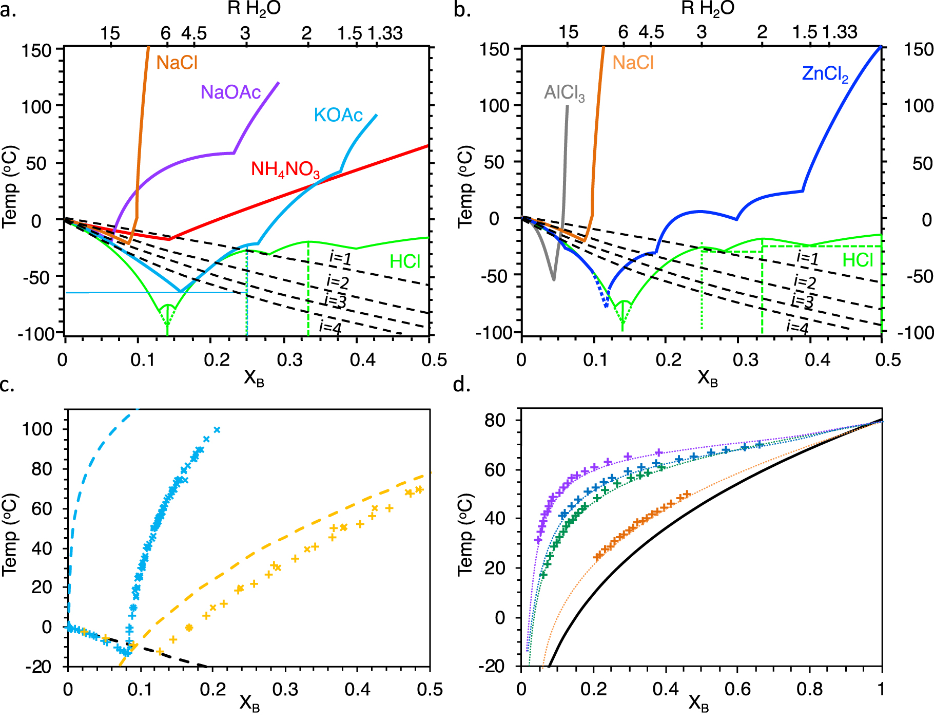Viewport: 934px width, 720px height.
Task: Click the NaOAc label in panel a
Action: pyautogui.click(x=230, y=92)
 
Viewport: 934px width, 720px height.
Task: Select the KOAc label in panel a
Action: pyautogui.click(x=338, y=116)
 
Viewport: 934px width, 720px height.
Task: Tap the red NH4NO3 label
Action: pyautogui.click(x=285, y=169)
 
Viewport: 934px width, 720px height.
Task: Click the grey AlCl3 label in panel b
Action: pyautogui.click(x=564, y=93)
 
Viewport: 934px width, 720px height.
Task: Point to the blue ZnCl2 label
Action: pyautogui.click(x=825, y=74)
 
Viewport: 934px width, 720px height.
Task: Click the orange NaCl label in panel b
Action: pyautogui.click(x=633, y=63)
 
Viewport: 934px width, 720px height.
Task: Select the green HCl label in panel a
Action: pyautogui.click(x=404, y=262)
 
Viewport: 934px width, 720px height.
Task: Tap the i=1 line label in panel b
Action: pyautogui.click(x=807, y=258)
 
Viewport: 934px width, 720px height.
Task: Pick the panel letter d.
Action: pyautogui.click(x=461, y=385)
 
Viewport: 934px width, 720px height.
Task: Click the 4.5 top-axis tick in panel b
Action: pyautogui.click(x=651, y=33)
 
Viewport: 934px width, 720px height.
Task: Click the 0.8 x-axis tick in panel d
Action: pyautogui.click(x=809, y=689)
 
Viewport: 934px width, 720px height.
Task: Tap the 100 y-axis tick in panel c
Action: pyautogui.click(x=37, y=429)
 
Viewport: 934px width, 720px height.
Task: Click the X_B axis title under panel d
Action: pyautogui.click(x=698, y=703)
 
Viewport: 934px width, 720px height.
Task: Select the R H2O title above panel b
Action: pyautogui.click(x=708, y=9)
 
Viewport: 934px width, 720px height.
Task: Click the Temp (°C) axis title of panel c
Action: pyautogui.click(x=10, y=534)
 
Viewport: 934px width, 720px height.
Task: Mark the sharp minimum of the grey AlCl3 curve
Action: pyautogui.click(x=554, y=280)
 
